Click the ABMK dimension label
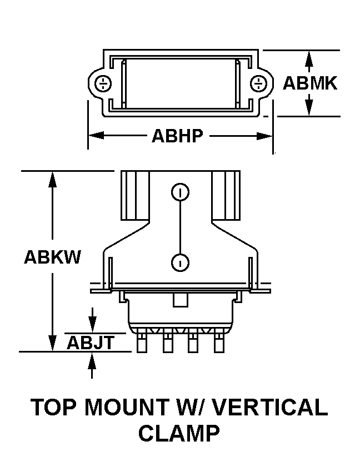309,83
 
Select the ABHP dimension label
177,136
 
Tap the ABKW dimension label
52,257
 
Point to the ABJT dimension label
91,343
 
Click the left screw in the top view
103,83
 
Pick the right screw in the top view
258,83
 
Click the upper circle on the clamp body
180,192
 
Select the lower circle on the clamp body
180,262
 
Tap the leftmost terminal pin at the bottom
142,343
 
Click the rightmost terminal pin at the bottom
219,343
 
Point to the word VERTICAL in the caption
269,407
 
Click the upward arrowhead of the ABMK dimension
309,58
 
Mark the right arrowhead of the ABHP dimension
265,136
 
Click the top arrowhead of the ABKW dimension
52,179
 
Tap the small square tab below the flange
181,300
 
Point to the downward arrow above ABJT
92,320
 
